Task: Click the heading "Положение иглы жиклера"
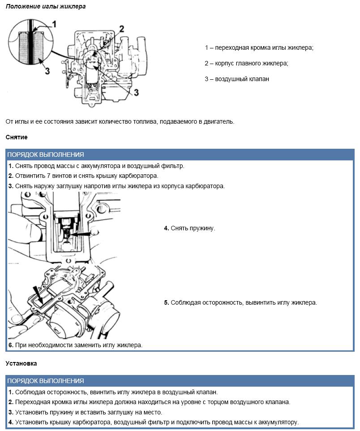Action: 46,7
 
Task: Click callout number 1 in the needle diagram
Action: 55,24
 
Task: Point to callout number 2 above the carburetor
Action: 121,30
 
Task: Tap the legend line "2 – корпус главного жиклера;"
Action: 247,64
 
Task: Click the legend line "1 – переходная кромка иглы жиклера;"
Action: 259,48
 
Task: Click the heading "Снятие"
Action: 17,137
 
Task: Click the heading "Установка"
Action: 21,363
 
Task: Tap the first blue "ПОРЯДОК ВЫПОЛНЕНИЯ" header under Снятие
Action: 46,155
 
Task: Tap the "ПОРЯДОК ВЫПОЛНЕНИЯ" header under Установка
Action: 46,381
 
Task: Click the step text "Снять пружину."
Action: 189,228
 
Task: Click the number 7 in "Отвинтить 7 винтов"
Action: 49,176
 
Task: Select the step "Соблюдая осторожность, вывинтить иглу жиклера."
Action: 240,302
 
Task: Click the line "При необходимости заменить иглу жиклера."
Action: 75,345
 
